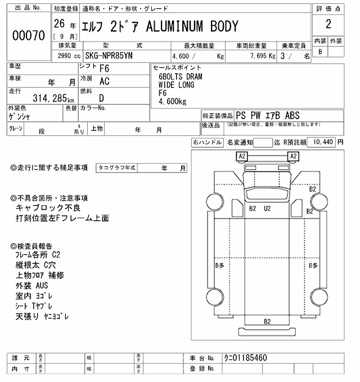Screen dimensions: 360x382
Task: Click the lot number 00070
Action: click(29, 35)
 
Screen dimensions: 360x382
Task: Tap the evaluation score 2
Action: click(328, 24)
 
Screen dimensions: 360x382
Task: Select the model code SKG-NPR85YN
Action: click(109, 56)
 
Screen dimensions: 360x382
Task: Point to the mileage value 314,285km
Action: click(53, 98)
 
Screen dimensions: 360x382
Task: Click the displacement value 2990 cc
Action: click(69, 56)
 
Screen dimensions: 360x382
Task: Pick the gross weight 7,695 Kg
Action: click(263, 56)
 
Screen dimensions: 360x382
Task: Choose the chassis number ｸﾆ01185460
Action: click(245, 358)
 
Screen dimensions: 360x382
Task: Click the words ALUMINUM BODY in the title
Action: click(192, 26)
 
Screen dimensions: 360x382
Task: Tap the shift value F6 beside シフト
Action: click(104, 69)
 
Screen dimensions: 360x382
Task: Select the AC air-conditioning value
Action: click(105, 81)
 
